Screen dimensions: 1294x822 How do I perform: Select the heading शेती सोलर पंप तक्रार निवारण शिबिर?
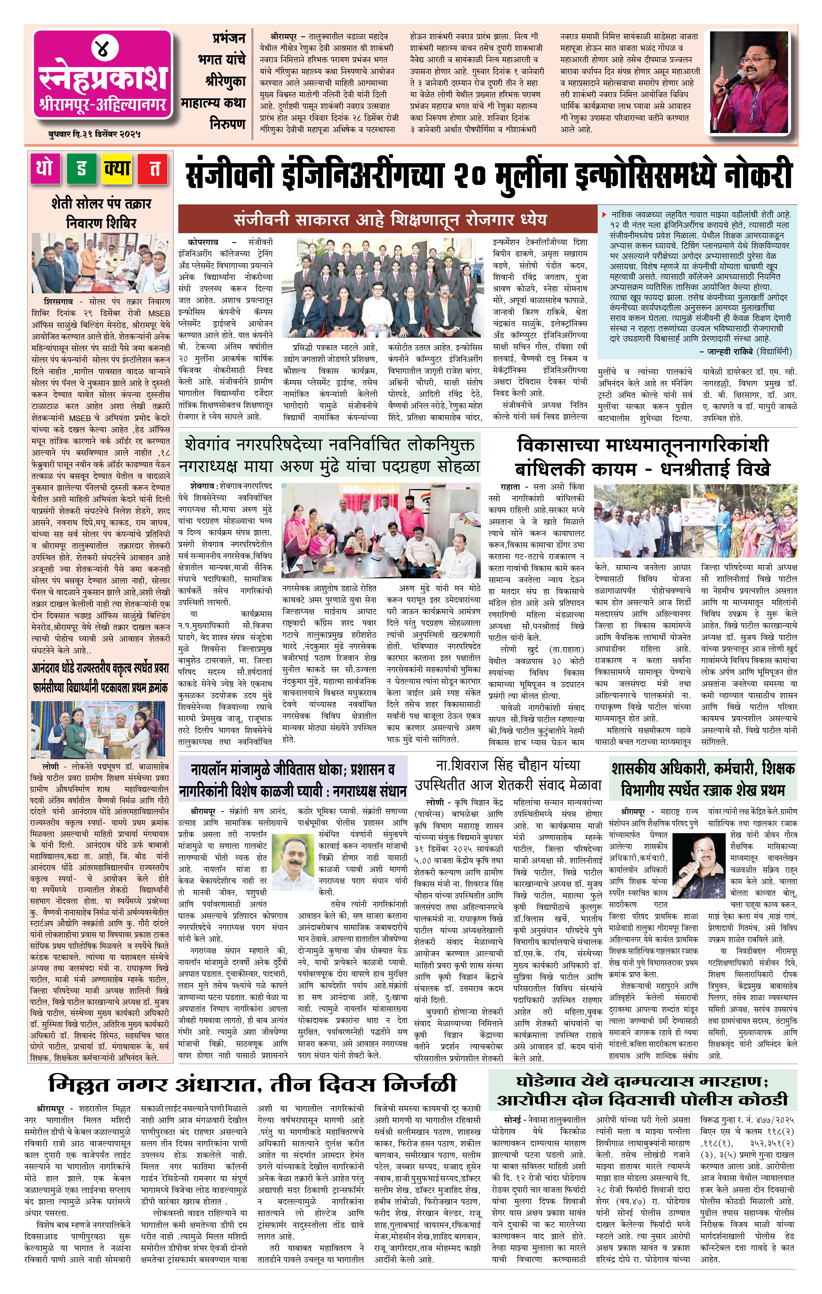(x=101, y=213)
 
